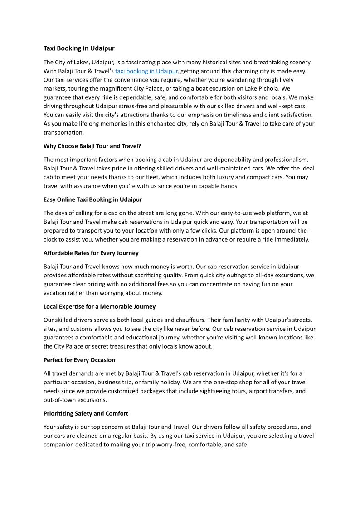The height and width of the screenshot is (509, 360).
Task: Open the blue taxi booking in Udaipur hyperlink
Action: click(146, 71)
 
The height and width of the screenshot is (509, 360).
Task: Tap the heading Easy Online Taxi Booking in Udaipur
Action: click(92, 199)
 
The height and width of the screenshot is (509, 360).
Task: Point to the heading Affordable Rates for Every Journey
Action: click(91, 253)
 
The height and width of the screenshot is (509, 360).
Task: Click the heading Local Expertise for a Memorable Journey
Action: click(99, 306)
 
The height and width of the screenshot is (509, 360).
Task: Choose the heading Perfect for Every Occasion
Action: click(79, 360)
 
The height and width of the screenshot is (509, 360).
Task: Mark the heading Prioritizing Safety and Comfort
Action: click(86, 413)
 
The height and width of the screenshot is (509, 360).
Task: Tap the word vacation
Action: click(55, 293)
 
